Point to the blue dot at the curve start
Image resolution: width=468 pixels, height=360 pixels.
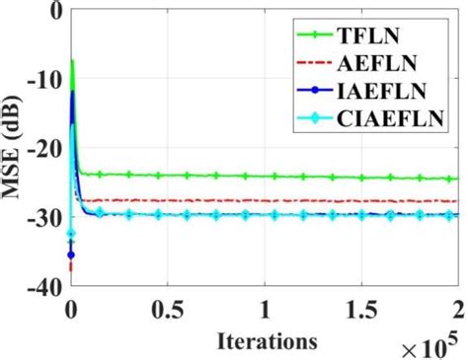point(71,255)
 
